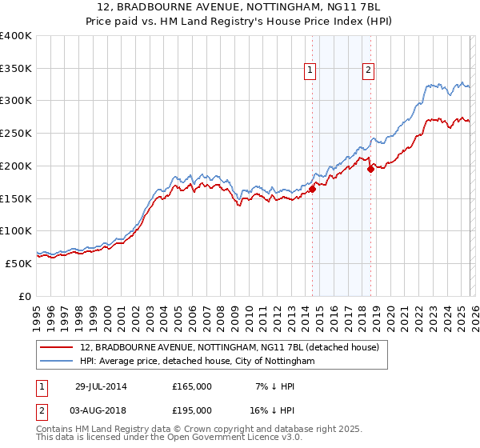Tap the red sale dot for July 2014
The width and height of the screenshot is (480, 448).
point(313,189)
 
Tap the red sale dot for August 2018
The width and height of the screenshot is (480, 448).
point(370,169)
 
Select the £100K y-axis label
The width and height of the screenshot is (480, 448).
point(16,231)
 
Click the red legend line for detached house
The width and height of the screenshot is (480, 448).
point(58,347)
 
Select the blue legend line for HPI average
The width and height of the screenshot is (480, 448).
point(58,362)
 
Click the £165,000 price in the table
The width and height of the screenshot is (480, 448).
point(192,386)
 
